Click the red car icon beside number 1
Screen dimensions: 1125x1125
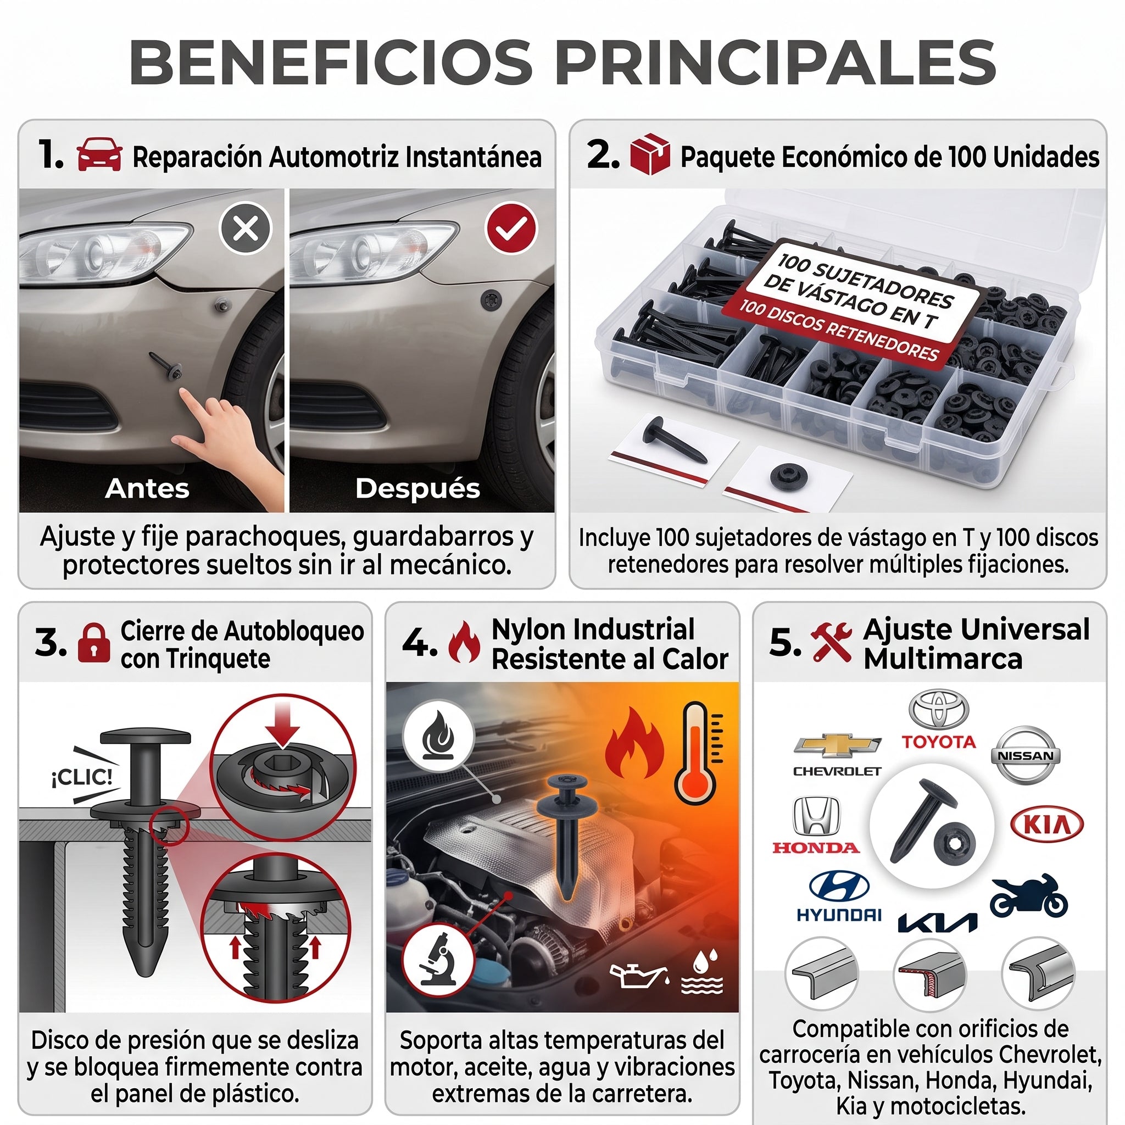[x=99, y=155]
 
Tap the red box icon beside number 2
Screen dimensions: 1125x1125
[x=650, y=154]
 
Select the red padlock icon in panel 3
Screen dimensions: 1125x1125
[x=94, y=643]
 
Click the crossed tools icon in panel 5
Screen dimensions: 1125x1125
[x=831, y=642]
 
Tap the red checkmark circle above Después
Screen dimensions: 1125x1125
[x=511, y=227]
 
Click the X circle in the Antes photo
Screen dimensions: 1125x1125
[x=245, y=227]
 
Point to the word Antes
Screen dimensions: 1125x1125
[x=147, y=488]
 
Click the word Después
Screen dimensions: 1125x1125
[x=417, y=488]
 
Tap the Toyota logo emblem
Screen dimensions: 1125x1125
[x=939, y=709]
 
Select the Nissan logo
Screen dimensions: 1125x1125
[x=1026, y=755]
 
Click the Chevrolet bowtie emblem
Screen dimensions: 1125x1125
[x=838, y=746]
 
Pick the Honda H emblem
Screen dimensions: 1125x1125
[x=816, y=816]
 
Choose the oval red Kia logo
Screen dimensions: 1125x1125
[x=1047, y=825]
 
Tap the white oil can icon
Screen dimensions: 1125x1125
[x=638, y=977]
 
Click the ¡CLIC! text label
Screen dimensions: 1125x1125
[x=82, y=777]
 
